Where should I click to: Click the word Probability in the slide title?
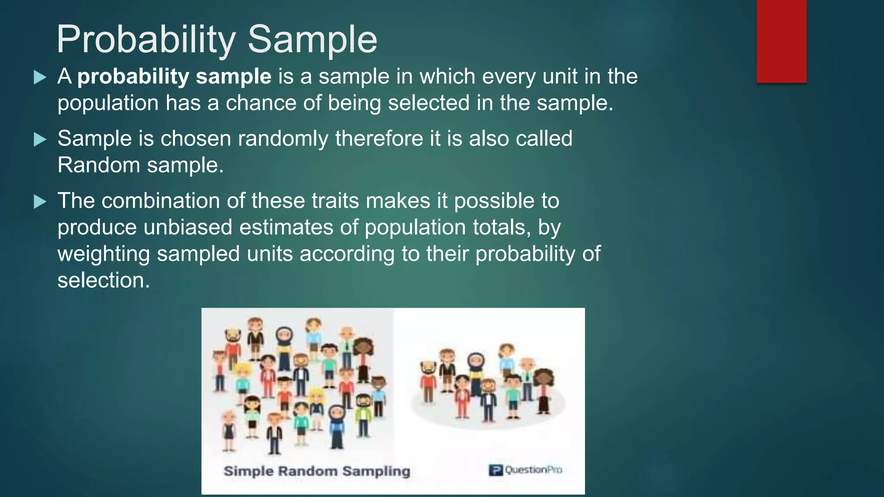pos(146,40)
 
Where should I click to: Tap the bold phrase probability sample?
pos(174,77)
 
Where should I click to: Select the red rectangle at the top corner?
pos(781,41)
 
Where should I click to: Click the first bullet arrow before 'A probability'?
pos(40,78)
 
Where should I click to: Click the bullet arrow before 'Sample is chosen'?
pos(40,139)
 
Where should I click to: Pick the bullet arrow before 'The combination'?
pos(40,201)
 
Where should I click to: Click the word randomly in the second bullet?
pos(283,139)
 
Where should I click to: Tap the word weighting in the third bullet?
pos(104,254)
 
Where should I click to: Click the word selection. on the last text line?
pos(104,280)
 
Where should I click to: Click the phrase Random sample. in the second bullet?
pos(141,165)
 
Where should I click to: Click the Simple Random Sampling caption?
pos(316,471)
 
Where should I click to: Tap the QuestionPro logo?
pos(525,470)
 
